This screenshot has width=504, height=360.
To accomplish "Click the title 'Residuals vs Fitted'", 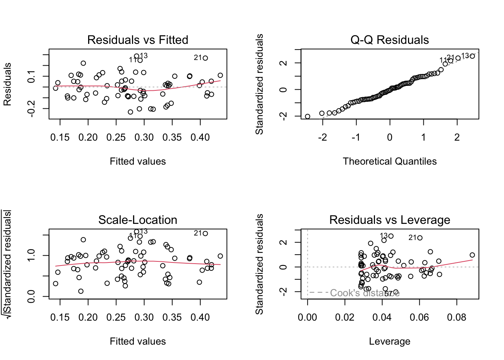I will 138,40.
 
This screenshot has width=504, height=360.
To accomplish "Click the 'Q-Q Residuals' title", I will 390,40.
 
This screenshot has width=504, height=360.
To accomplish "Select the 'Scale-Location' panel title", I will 138,220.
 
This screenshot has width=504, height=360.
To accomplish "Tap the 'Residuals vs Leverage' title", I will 390,220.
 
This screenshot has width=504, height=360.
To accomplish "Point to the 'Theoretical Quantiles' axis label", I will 390,161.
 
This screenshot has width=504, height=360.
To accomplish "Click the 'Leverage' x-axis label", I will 390,341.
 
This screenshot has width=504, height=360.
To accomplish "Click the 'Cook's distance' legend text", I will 364,293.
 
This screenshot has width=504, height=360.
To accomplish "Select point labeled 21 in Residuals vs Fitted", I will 205,58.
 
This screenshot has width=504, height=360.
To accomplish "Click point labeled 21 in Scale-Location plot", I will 205,234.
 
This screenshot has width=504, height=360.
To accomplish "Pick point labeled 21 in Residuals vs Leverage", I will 420,238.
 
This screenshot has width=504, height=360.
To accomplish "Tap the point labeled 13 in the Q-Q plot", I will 472,56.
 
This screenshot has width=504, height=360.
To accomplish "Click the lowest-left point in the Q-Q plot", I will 307,117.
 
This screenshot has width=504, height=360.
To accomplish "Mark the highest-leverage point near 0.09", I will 472,255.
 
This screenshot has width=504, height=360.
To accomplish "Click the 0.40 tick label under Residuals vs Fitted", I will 200,138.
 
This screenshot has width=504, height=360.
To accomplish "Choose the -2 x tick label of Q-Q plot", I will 322,138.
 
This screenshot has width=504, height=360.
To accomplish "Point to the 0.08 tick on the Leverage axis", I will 457,318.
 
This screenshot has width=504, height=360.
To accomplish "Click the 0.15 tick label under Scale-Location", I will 60,318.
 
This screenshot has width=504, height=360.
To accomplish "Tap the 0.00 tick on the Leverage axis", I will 307,318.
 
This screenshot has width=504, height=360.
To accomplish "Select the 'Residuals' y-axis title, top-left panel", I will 7,84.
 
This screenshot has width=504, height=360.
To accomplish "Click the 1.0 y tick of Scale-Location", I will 31,255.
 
